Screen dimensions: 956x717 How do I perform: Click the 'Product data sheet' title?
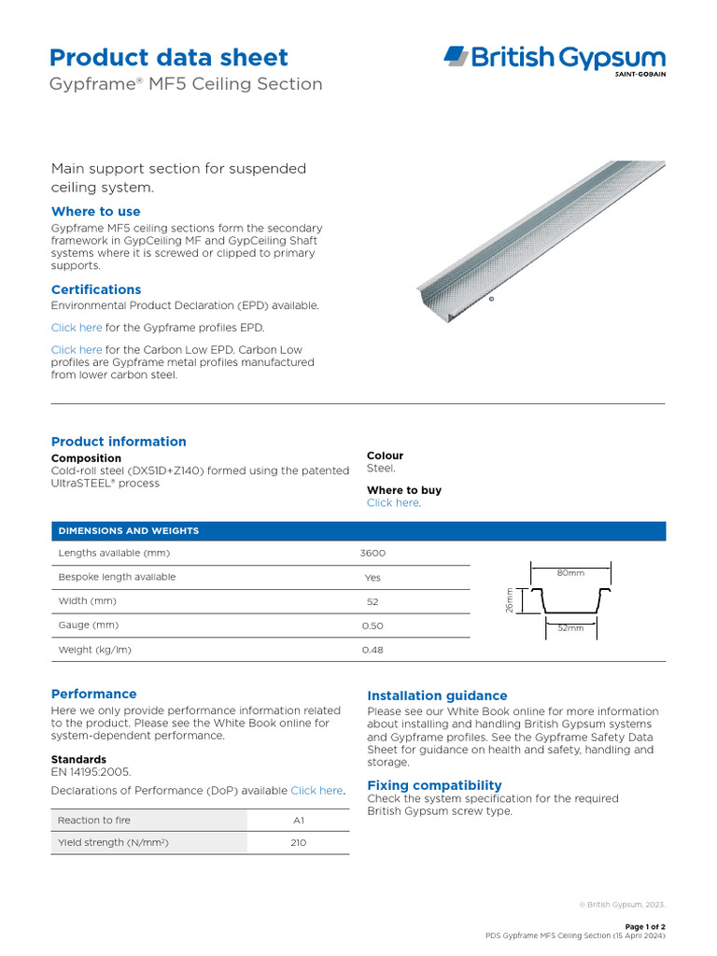pyautogui.click(x=169, y=57)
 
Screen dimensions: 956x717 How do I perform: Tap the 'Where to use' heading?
pyautogui.click(x=95, y=212)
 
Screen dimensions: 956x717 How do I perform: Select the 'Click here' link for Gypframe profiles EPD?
pyautogui.click(x=77, y=328)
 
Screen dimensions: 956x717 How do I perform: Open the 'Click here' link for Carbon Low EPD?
pyautogui.click(x=77, y=350)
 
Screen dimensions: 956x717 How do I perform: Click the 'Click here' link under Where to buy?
pyautogui.click(x=392, y=503)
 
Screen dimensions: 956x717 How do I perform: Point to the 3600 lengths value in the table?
pyautogui.click(x=373, y=554)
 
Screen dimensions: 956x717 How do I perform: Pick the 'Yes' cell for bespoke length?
pyautogui.click(x=373, y=578)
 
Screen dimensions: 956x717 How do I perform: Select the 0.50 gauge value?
pyautogui.click(x=373, y=626)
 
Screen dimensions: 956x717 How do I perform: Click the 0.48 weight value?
pyautogui.click(x=373, y=650)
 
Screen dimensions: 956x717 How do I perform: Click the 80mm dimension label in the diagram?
pyautogui.click(x=570, y=572)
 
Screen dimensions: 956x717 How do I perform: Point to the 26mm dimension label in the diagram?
pyautogui.click(x=510, y=600)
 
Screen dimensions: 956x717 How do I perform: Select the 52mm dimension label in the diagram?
pyautogui.click(x=570, y=629)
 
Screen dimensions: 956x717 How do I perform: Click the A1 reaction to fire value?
pyautogui.click(x=299, y=821)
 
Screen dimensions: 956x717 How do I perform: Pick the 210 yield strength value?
pyautogui.click(x=299, y=843)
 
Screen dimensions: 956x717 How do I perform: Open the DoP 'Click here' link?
pyautogui.click(x=316, y=791)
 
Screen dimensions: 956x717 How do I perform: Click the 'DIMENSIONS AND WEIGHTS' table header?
pyautogui.click(x=129, y=531)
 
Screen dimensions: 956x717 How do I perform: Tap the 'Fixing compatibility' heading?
pyautogui.click(x=434, y=785)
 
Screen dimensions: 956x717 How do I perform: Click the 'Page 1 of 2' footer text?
pyautogui.click(x=644, y=926)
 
